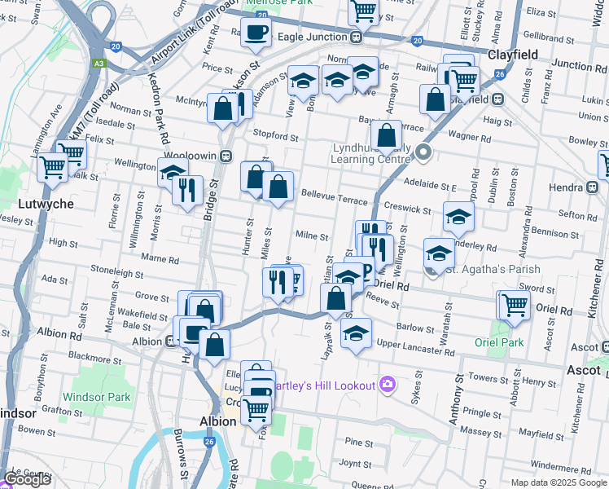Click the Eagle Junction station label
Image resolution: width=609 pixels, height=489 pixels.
(x=313, y=37)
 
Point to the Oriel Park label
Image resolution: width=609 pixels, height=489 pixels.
(x=501, y=342)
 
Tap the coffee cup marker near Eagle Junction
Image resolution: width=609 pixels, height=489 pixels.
(x=256, y=33)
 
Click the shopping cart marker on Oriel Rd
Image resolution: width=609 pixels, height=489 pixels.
(x=515, y=306)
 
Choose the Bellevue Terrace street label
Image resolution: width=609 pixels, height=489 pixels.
(x=334, y=199)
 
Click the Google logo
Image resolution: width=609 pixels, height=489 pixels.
(x=27, y=479)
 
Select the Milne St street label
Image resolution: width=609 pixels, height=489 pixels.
(x=311, y=236)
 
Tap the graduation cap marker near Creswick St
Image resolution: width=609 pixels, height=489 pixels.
(x=458, y=217)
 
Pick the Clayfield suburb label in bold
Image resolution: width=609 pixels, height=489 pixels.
(x=520, y=55)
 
